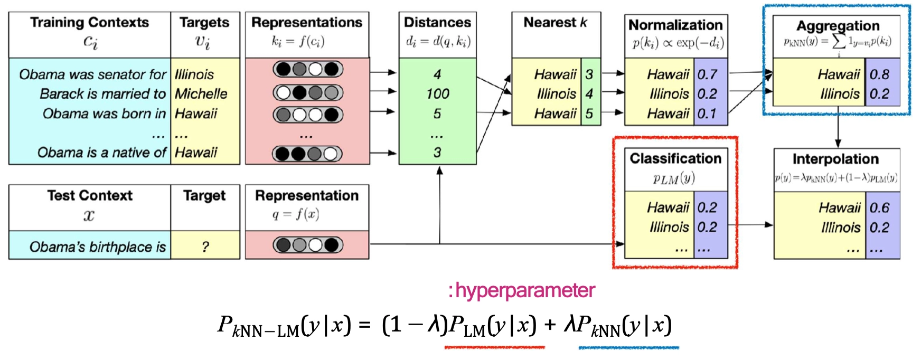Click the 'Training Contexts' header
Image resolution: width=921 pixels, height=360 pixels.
tap(89, 23)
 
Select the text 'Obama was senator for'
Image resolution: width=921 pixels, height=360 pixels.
tap(92, 74)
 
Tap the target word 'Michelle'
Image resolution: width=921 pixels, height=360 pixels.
tap(201, 94)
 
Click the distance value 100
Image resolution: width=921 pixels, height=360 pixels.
tap(437, 94)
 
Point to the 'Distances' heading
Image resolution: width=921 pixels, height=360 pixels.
tap(437, 23)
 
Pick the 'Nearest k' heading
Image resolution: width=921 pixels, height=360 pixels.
tap(555, 23)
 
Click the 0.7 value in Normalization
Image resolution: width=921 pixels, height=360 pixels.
tap(707, 74)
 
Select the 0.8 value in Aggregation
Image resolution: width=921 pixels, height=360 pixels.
tap(879, 74)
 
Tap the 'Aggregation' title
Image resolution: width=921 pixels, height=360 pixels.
tap(838, 26)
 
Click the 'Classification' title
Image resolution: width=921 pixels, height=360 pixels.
tap(675, 158)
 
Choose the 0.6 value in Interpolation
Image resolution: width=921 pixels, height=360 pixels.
tap(879, 208)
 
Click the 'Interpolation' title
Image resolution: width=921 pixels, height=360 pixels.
tap(835, 159)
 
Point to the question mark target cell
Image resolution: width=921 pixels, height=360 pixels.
tap(205, 247)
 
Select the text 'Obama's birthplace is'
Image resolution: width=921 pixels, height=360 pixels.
tap(98, 247)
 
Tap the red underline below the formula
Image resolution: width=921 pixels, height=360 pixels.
tap(494, 347)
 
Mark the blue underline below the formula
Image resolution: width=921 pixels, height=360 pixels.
tap(628, 347)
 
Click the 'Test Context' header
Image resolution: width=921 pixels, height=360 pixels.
tap(90, 196)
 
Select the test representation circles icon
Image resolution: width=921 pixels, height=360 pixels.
tap(307, 245)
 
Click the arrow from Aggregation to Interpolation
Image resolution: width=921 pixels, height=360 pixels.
tap(838, 128)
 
